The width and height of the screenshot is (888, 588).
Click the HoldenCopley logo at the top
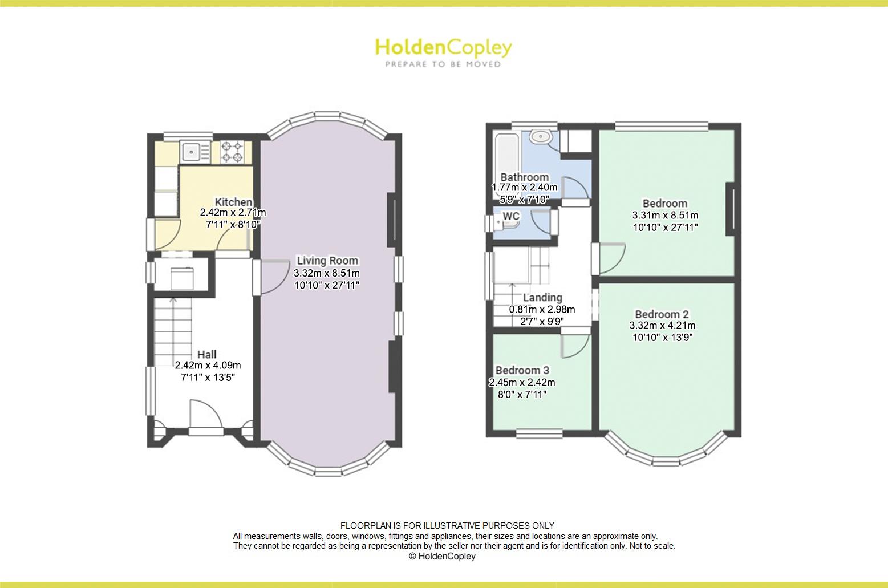(443, 48)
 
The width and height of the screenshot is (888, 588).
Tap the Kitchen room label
(233, 202)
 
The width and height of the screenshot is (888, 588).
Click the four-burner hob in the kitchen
(232, 151)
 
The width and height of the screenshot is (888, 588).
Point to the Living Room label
(327, 261)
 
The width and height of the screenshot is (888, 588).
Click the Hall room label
(207, 354)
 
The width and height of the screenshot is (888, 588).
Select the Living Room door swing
(273, 277)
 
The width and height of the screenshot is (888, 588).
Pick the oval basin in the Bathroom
(540, 137)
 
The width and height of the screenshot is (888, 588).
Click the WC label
(511, 217)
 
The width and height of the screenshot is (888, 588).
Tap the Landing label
(542, 297)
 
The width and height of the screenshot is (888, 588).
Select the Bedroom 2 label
(662, 314)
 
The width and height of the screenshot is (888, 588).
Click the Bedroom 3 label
(521, 370)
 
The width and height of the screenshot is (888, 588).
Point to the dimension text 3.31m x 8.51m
(665, 216)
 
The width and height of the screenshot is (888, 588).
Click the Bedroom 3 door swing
(574, 345)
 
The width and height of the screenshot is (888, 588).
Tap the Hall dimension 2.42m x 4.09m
(208, 366)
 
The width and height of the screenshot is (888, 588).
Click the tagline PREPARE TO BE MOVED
(443, 64)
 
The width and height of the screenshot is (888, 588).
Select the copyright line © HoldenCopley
(442, 557)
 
